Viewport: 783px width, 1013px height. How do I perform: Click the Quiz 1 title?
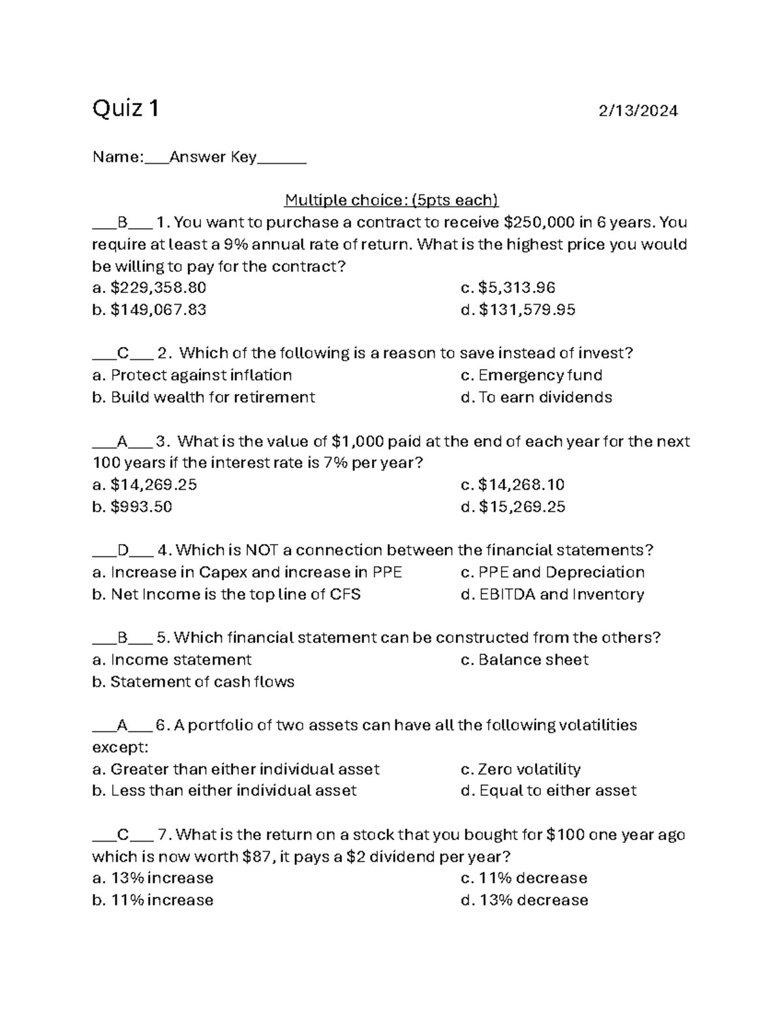coord(125,108)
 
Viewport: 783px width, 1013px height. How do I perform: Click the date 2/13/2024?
coord(638,111)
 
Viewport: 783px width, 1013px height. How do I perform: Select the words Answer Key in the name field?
coord(213,157)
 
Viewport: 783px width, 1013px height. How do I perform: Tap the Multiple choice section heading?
coord(391,200)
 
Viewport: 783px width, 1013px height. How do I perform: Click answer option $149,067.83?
coord(149,310)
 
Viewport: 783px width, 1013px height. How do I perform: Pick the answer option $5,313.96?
coord(508,288)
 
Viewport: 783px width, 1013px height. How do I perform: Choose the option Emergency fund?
coord(532,375)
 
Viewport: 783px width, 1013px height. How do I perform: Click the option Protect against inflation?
coord(192,375)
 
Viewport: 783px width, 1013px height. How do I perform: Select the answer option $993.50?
coord(132,507)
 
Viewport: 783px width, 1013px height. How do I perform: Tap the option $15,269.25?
coord(513,507)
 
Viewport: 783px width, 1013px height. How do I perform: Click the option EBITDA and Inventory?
coord(553,594)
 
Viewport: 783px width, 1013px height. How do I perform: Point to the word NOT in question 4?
coord(260,551)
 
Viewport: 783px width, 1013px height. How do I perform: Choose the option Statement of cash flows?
coord(194,682)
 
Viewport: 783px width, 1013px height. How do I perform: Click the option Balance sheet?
coord(525,659)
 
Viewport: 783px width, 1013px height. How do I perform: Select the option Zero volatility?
coord(521,769)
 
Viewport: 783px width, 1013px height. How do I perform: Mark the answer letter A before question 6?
coord(122,725)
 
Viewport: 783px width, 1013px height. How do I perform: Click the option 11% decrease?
coord(524,878)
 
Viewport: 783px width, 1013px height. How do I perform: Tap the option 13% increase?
coord(153,878)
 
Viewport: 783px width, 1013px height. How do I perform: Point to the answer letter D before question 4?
coord(123,551)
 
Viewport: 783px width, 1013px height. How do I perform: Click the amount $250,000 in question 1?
coord(540,222)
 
